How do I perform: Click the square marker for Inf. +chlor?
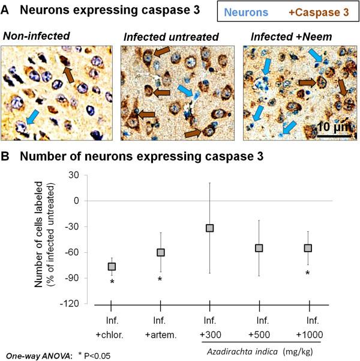(112, 266)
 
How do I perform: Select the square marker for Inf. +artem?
(160, 252)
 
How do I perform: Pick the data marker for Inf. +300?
(210, 228)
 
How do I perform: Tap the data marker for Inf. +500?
(259, 248)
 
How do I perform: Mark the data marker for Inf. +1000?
(308, 248)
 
